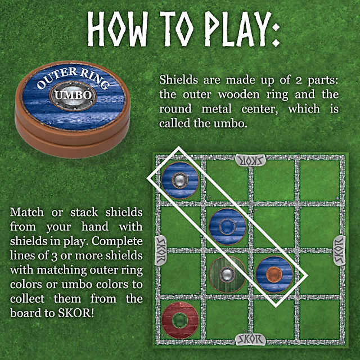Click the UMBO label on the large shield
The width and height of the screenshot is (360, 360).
pyautogui.click(x=73, y=95)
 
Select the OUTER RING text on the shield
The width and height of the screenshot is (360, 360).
pyautogui.click(x=73, y=78)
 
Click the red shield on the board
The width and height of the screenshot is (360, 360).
pyautogui.click(x=180, y=320)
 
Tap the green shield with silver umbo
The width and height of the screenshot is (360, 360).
pyautogui.click(x=227, y=274)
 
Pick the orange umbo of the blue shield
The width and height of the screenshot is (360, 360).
pyautogui.click(x=274, y=274)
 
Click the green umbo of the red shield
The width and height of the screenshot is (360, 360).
pyautogui.click(x=180, y=321)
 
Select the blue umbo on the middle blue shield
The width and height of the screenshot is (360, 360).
pyautogui.click(x=227, y=227)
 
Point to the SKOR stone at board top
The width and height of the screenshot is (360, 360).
pyautogui.click(x=251, y=160)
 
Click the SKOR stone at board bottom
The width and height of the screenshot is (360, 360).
pyautogui.click(x=251, y=340)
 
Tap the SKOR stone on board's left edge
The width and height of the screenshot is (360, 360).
pyautogui.click(x=160, y=250)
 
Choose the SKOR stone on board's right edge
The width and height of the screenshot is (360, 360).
pyautogui.click(x=339, y=250)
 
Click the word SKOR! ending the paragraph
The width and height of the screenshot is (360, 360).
pyautogui.click(x=76, y=313)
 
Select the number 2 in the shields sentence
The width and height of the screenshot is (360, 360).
pyautogui.click(x=298, y=80)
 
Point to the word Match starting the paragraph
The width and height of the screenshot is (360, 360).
pyautogui.click(x=27, y=212)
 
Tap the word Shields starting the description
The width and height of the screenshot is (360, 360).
pyautogui.click(x=178, y=80)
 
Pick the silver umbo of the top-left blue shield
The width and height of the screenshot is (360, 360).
pyautogui.click(x=180, y=181)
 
